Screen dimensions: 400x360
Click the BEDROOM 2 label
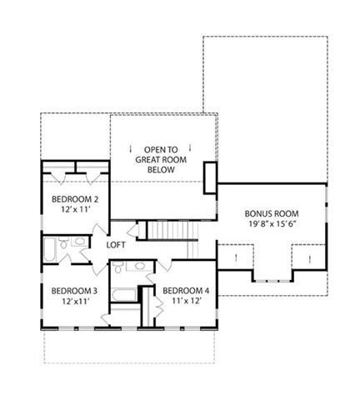pos(75,199)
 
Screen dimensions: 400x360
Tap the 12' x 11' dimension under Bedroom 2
pos(75,211)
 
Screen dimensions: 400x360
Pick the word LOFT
pos(116,246)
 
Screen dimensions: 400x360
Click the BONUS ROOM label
pos(272,212)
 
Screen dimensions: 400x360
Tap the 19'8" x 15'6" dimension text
pos(272,224)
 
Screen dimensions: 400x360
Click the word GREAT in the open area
pos(162,157)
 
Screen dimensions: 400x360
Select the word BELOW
pos(162,169)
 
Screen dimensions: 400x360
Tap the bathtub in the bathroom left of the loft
pos(52,248)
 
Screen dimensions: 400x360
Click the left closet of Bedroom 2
pos(58,168)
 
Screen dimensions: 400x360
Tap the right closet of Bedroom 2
pos(92,168)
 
